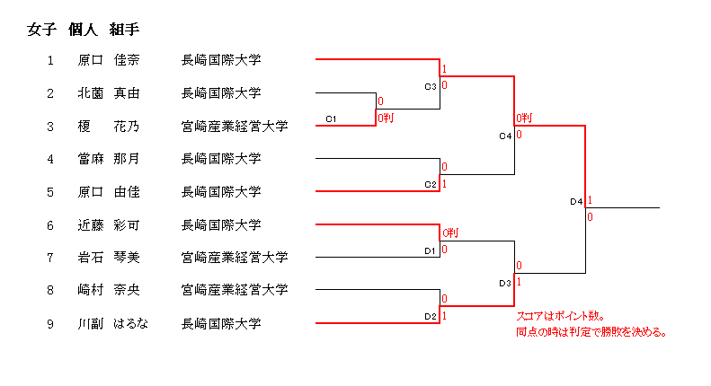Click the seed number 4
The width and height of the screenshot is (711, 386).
(51, 159)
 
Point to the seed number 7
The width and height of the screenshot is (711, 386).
(51, 258)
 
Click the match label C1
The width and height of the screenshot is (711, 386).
(331, 118)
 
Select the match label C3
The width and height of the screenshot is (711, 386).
(430, 86)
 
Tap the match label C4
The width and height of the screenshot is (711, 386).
(504, 136)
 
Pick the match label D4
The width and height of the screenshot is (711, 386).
(577, 202)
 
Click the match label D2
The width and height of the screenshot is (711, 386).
(430, 316)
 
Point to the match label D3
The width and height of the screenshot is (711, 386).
(504, 284)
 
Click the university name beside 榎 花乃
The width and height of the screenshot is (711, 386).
(234, 126)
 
